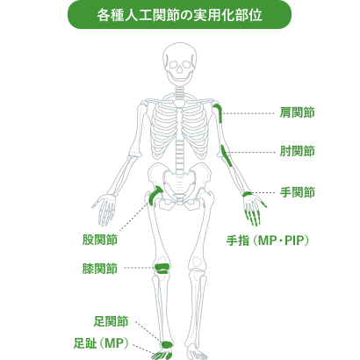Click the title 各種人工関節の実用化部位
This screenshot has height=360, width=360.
[x=179, y=16]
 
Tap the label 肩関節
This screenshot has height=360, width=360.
[x=297, y=112]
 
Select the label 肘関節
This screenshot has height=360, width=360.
[x=297, y=151]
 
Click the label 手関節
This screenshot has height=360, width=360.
[x=297, y=192]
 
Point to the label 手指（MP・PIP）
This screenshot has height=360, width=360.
[x=268, y=241]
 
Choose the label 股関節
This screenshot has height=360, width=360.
[x=100, y=240]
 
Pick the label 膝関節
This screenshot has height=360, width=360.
[x=100, y=269]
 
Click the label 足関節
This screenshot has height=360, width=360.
[x=111, y=321]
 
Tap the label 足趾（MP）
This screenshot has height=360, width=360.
[x=101, y=343]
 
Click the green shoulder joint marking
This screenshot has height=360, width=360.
[x=219, y=112]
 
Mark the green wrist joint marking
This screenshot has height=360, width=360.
[x=248, y=194]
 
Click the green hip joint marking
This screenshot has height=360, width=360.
[x=154, y=195]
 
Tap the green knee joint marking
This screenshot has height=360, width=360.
[x=162, y=269]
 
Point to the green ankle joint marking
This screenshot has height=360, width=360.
[x=167, y=344]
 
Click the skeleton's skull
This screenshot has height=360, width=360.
[x=179, y=63]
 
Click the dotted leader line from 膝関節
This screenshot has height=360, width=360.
[x=140, y=268]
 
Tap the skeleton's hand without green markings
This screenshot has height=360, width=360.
[x=104, y=209]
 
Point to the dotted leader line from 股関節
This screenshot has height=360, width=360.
[x=134, y=217]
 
